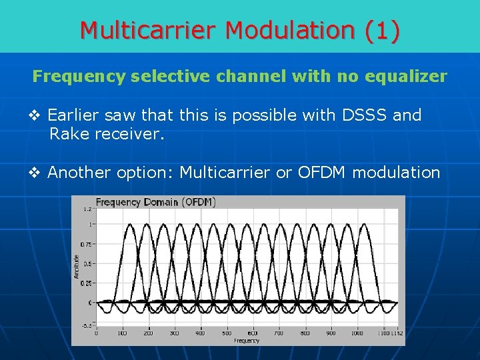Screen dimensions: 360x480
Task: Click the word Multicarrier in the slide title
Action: (x=149, y=30)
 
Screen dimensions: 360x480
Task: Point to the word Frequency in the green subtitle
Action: (x=79, y=76)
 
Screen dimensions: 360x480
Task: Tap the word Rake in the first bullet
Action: (x=65, y=135)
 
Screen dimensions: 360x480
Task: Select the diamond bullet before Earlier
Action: (x=38, y=116)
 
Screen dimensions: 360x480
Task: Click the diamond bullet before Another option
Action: (x=38, y=173)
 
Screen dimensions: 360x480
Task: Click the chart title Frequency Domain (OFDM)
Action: (x=155, y=202)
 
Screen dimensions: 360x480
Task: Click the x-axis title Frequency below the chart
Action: (x=247, y=340)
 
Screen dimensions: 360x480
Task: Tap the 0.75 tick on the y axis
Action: (x=87, y=245)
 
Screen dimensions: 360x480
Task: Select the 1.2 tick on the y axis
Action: (x=88, y=209)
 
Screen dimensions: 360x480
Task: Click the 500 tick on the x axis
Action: (x=227, y=333)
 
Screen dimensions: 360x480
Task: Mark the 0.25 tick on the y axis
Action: (x=87, y=283)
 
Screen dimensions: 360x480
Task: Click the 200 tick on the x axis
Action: (x=148, y=333)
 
